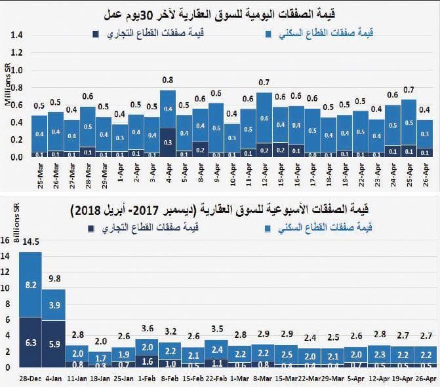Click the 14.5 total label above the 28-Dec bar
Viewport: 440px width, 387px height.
tap(30, 242)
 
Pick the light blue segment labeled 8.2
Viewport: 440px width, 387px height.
tap(30, 285)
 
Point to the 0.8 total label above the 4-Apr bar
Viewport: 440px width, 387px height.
tap(167, 80)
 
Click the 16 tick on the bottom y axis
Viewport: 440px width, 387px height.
tap(7, 240)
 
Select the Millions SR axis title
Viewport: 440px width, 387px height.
tap(7, 86)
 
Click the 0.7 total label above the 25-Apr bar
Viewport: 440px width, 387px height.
tap(409, 89)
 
